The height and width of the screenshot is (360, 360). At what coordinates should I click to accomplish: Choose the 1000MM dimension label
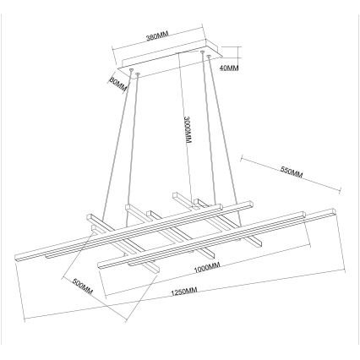(x=206, y=269)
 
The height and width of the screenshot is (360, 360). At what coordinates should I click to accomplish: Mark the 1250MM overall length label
(x=183, y=292)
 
